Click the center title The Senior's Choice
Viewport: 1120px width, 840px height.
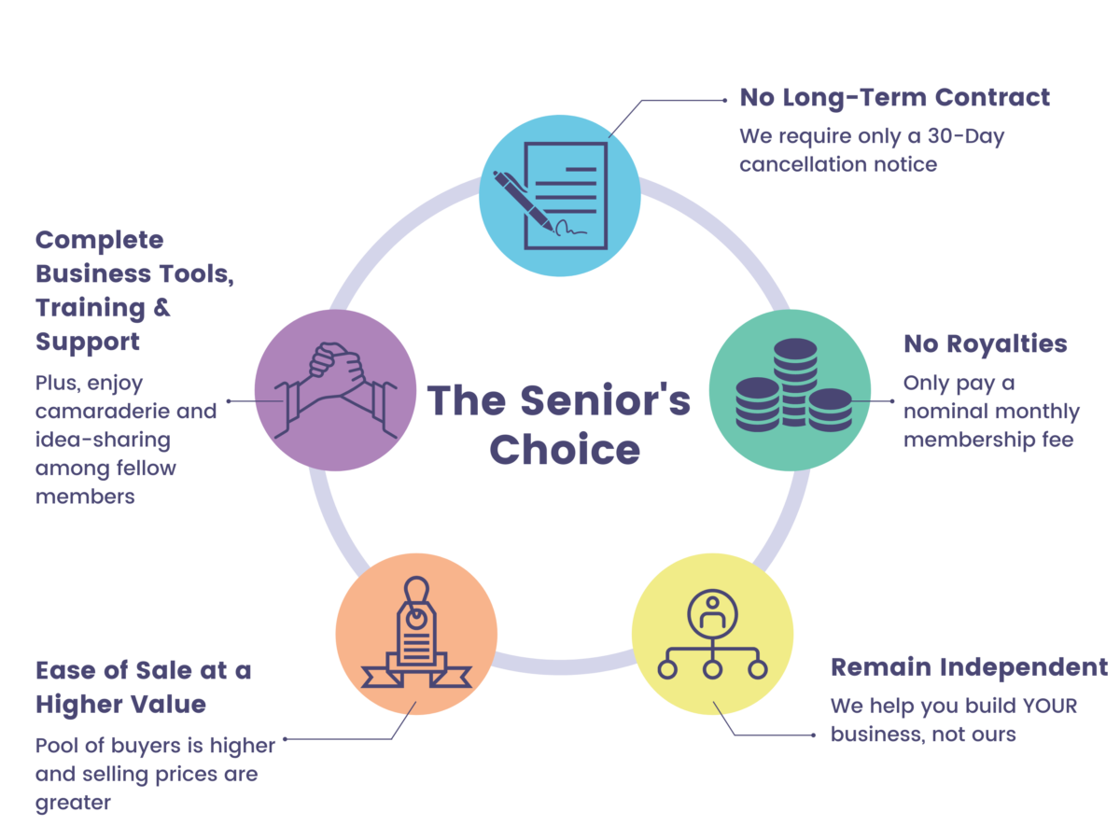tap(559, 425)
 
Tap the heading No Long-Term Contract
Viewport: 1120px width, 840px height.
tap(894, 97)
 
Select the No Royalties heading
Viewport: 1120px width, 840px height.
tap(985, 343)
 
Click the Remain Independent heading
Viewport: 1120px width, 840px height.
tap(969, 667)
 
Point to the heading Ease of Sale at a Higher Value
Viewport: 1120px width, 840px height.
tap(143, 686)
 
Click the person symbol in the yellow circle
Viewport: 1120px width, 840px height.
tap(712, 611)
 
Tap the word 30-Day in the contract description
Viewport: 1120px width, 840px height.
tap(966, 135)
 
